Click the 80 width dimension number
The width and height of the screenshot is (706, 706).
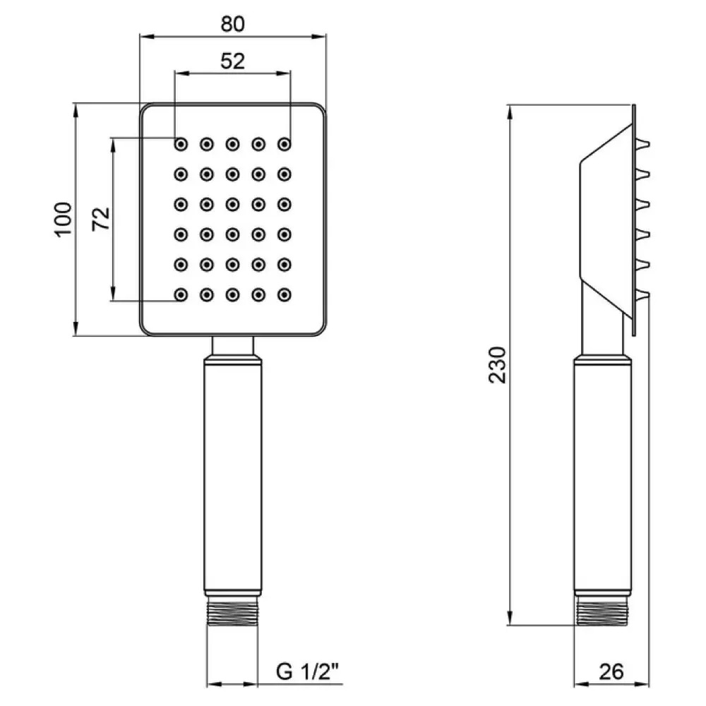point(232,23)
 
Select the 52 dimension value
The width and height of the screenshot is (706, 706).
point(232,61)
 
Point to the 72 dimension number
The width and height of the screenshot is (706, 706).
point(101,219)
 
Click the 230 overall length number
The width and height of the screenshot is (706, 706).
point(498,364)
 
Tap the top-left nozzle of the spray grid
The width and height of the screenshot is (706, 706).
point(181,144)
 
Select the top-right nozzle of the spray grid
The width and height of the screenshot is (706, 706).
point(285,144)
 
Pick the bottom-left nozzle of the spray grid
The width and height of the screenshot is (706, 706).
point(181,294)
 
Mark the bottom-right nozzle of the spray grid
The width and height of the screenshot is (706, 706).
point(285,294)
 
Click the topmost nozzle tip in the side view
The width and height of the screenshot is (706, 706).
point(646,145)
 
